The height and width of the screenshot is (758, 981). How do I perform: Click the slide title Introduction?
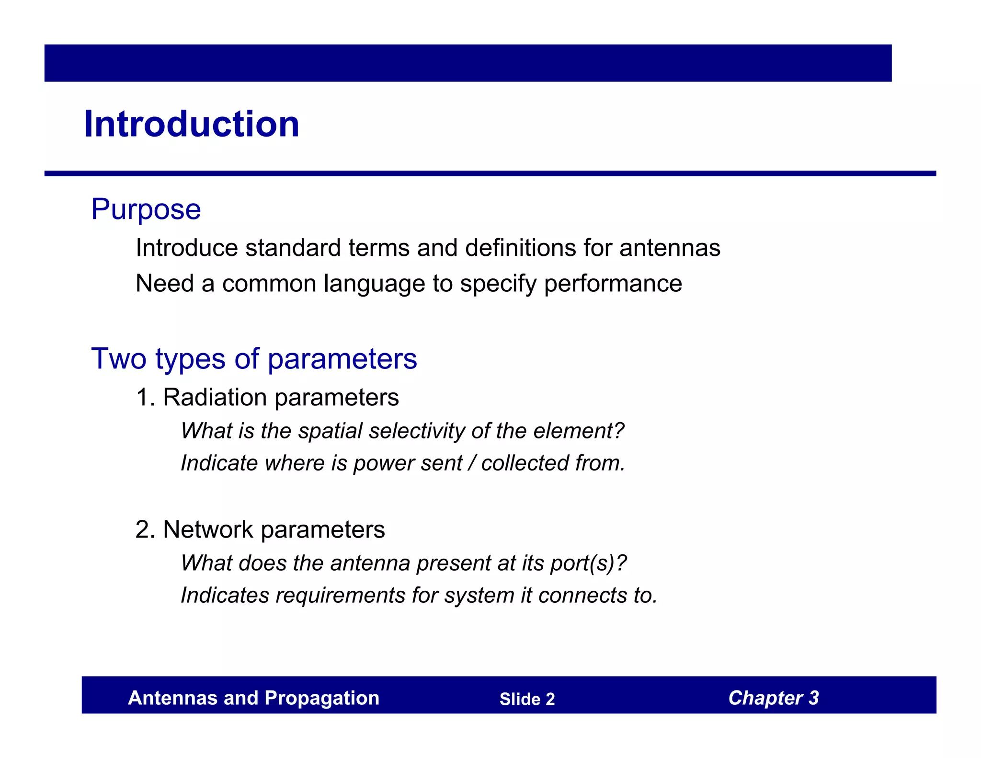click(192, 124)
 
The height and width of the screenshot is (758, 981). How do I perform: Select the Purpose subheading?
click(146, 209)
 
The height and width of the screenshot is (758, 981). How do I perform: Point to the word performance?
click(613, 284)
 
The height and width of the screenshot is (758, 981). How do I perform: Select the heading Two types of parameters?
click(254, 359)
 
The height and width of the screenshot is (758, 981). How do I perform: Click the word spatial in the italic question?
click(330, 431)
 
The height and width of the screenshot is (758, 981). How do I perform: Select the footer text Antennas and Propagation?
click(253, 698)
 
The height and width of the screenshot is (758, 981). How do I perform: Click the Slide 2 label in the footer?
click(527, 699)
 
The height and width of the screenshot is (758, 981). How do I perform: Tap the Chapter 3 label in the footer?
click(774, 698)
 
